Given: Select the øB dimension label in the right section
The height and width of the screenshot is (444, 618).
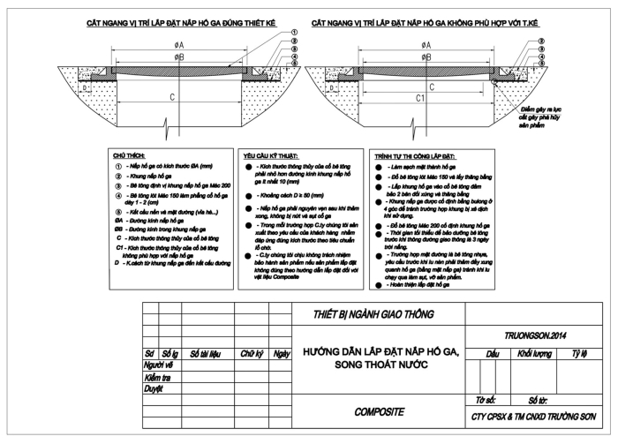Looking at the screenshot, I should (x=427, y=56).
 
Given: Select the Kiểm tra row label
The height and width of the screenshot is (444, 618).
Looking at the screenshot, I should (x=160, y=377).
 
